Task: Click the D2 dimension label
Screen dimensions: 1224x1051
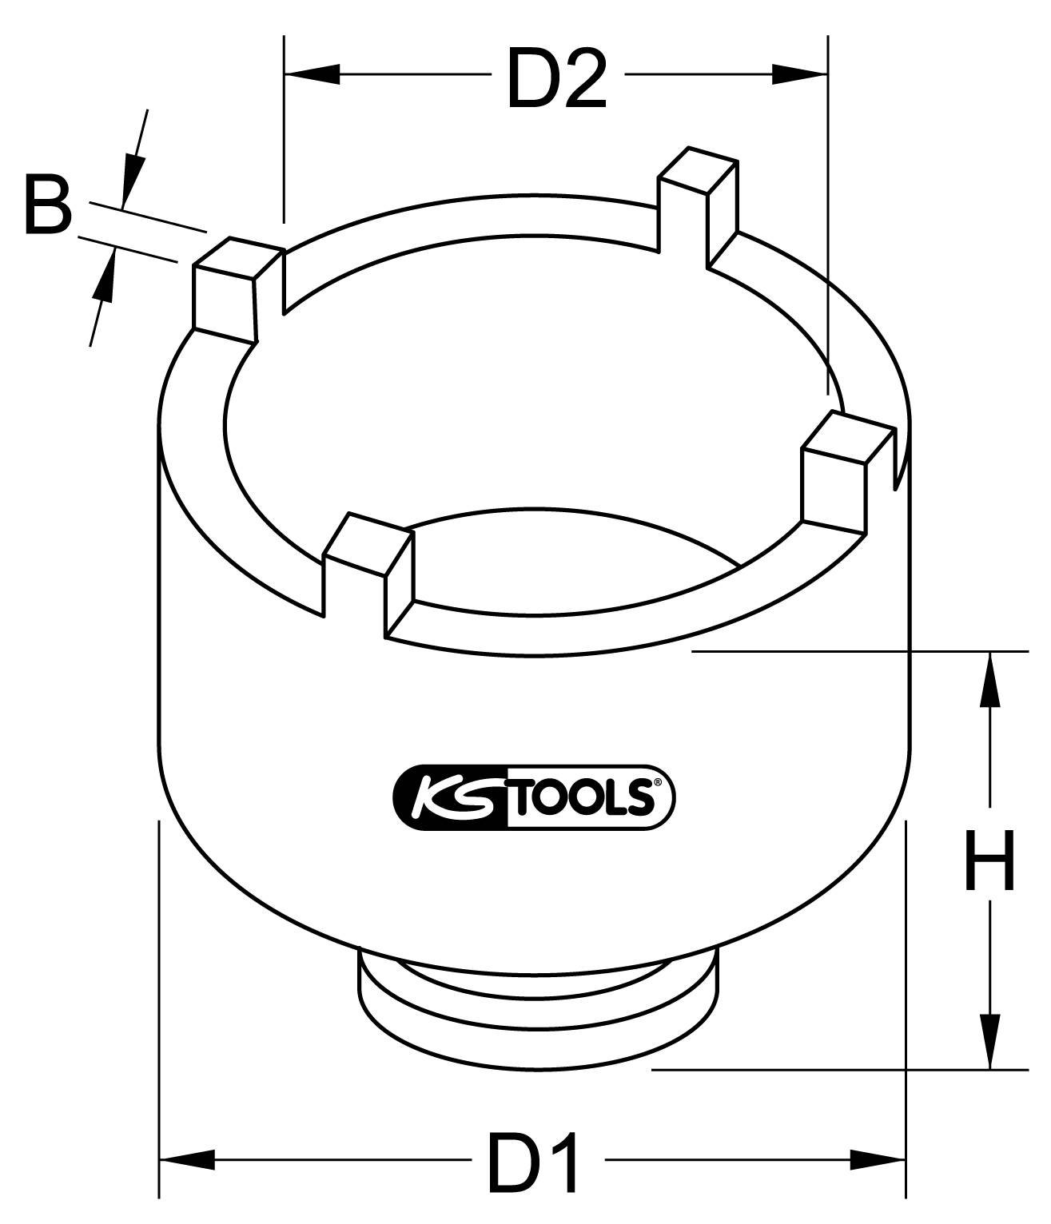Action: click(557, 79)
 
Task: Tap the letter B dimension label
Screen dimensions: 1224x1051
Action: click(47, 208)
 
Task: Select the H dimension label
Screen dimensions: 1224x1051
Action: click(989, 860)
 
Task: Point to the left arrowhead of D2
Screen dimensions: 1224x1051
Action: click(313, 75)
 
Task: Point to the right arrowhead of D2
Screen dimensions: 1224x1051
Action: click(798, 75)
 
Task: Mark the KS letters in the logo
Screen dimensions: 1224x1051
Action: click(449, 796)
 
